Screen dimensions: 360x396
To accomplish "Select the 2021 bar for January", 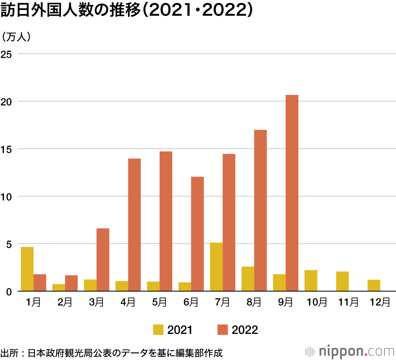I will pyautogui.click(x=27, y=269).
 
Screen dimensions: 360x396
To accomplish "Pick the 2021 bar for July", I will pyautogui.click(x=216, y=267).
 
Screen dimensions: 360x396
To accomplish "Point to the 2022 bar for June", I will pyautogui.click(x=197, y=234).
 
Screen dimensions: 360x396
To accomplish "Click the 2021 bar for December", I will pyautogui.click(x=374, y=285).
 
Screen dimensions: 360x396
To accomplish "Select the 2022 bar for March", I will pyautogui.click(x=103, y=260).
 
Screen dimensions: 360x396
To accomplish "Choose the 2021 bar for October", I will pyautogui.click(x=311, y=280).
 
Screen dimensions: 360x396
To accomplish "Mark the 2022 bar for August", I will pyautogui.click(x=260, y=210).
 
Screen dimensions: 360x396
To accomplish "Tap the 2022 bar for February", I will pyautogui.click(x=71, y=283).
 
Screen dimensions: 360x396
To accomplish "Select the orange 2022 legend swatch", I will pyautogui.click(x=223, y=330).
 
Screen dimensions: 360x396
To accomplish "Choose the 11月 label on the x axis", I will pyautogui.click(x=348, y=303).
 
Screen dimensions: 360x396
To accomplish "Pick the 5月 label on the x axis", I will pyautogui.click(x=159, y=303).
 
